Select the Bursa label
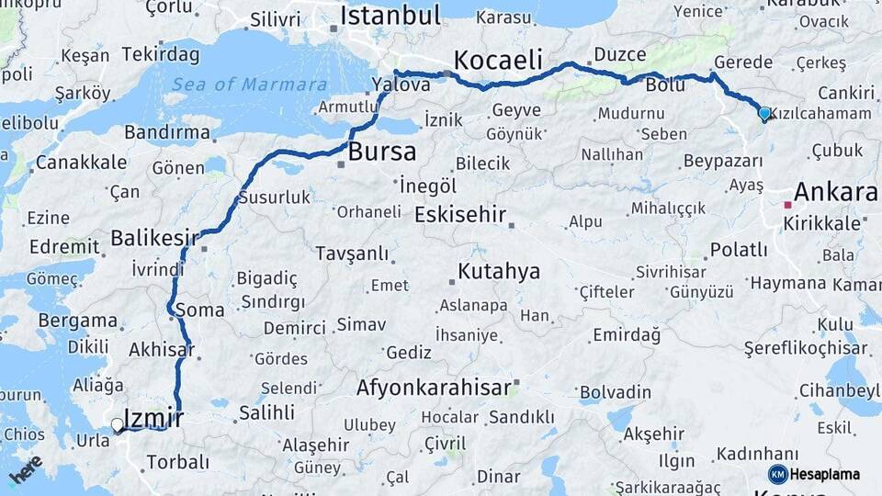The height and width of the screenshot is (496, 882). coord(381,152)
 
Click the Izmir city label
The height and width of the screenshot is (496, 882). coord(153,418)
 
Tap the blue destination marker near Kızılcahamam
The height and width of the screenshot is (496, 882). coord(764,114)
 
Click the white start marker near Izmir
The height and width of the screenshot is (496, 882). coord(117,425)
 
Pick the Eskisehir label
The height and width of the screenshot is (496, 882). coord(460,215)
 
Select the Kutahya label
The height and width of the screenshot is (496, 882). coord(499,272)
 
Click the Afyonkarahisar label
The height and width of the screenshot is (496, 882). coord(433,388)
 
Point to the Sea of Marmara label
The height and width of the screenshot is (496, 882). coord(246,85)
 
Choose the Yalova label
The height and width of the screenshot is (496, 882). coord(401,85)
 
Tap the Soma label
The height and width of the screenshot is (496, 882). coord(199,310)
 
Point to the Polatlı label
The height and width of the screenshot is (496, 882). coord(739,250)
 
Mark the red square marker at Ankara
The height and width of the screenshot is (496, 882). coord(787,205)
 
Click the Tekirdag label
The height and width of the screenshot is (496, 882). coord(161,54)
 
